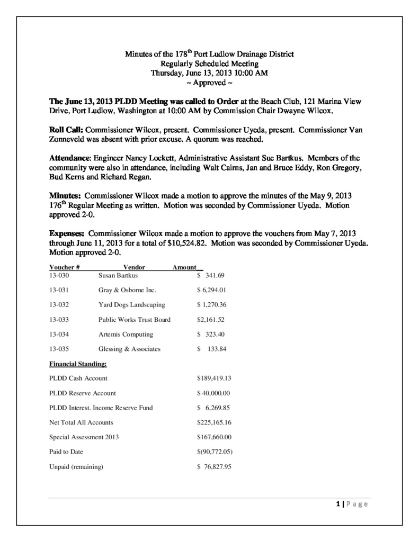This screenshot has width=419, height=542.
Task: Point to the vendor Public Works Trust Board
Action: [135, 320]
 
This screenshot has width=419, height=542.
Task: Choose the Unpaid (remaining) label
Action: [76, 467]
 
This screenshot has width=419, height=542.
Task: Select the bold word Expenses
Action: [67, 233]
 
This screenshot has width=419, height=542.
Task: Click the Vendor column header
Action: [134, 268]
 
